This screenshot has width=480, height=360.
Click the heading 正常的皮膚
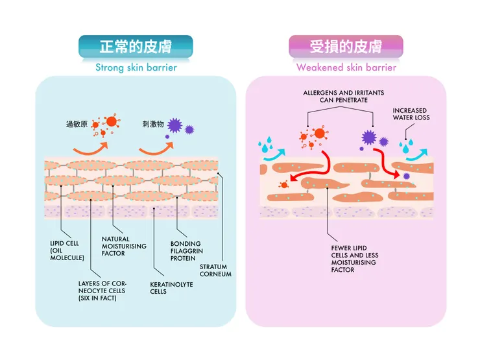[x=136, y=47]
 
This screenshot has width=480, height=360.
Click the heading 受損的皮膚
[x=346, y=47]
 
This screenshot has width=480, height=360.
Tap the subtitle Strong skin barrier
[x=136, y=67]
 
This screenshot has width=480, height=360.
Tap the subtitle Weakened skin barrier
[x=346, y=67]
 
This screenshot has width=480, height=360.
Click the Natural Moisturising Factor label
[x=123, y=246]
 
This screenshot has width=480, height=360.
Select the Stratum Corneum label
[x=215, y=270]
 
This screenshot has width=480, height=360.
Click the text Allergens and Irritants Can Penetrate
[x=335, y=97]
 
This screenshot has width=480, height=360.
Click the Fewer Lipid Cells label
[x=354, y=258]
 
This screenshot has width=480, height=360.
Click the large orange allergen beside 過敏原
[x=111, y=121]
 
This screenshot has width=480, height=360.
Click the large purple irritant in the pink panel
[x=368, y=137]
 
